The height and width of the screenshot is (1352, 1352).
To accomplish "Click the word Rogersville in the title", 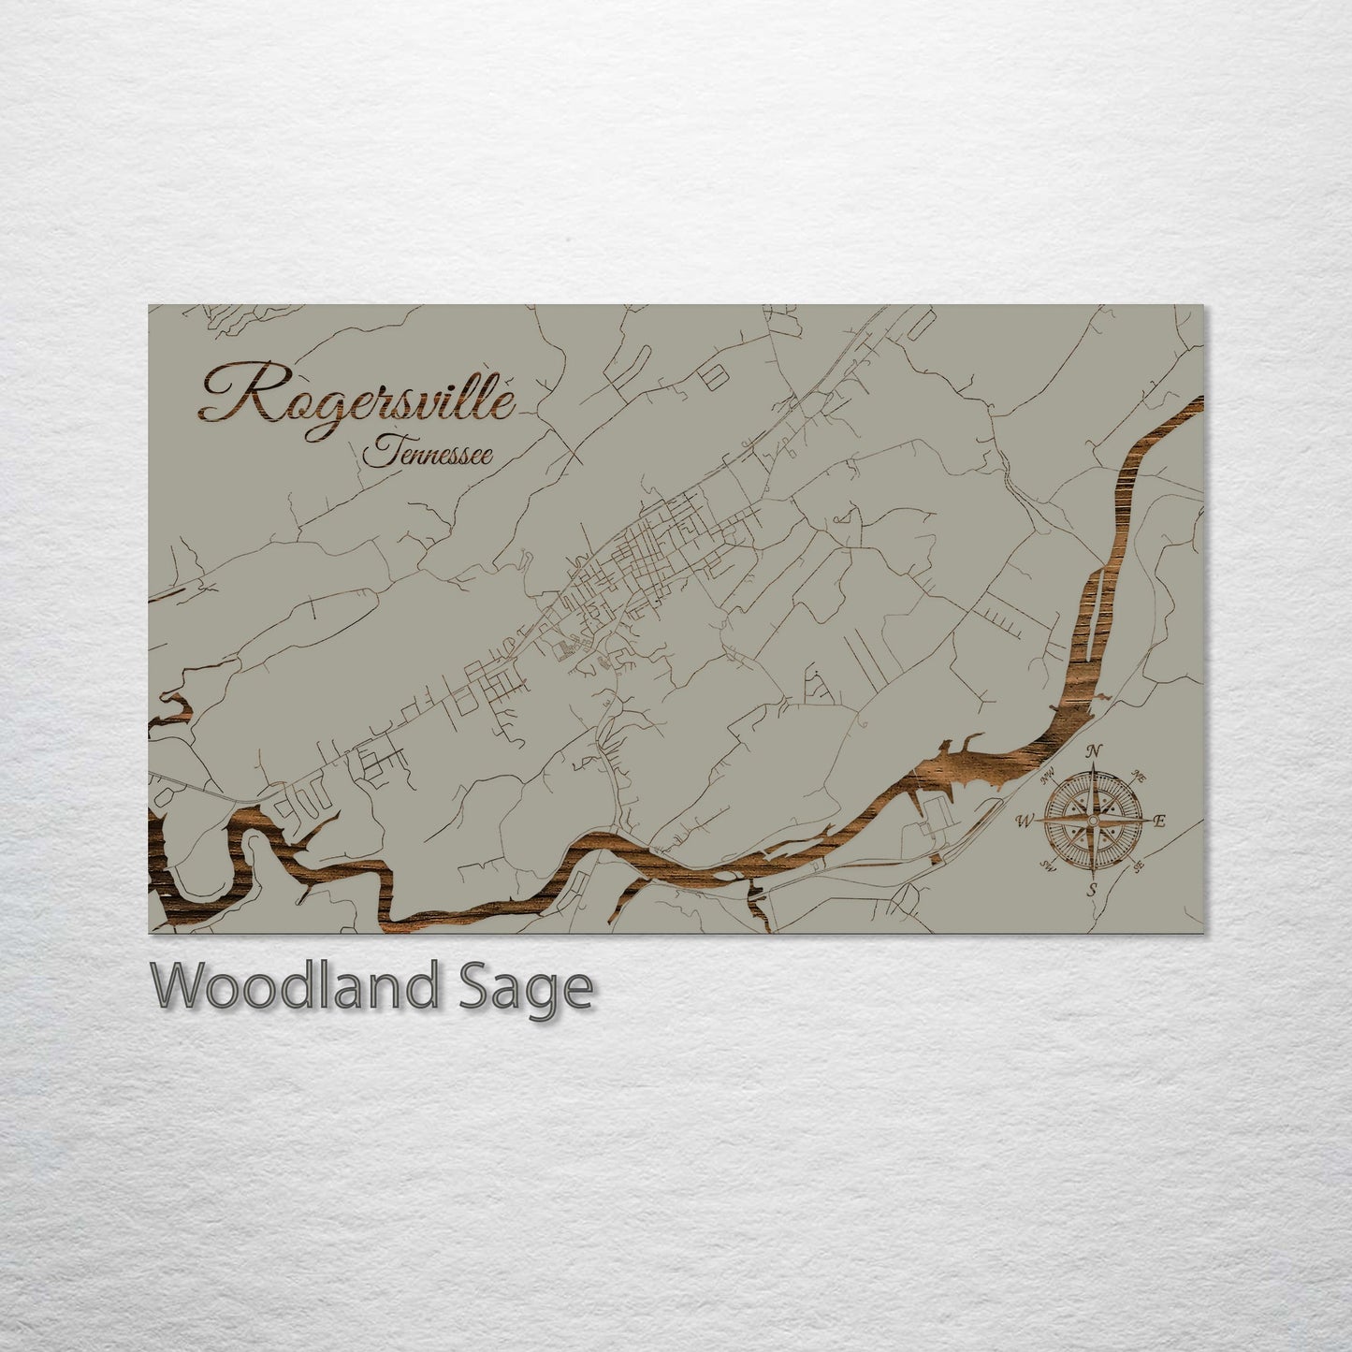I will (356, 395).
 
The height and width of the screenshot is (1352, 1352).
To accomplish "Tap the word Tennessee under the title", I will (428, 453).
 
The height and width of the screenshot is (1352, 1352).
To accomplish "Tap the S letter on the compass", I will (1091, 890).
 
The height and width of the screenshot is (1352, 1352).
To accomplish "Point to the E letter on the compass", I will (1159, 822).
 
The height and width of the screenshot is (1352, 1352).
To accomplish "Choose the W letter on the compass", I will (1025, 821).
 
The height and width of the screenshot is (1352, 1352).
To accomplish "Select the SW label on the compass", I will (1047, 867).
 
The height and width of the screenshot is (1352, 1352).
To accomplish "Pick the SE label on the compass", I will (1138, 867).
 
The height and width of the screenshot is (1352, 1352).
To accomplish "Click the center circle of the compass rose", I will (1092, 821).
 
